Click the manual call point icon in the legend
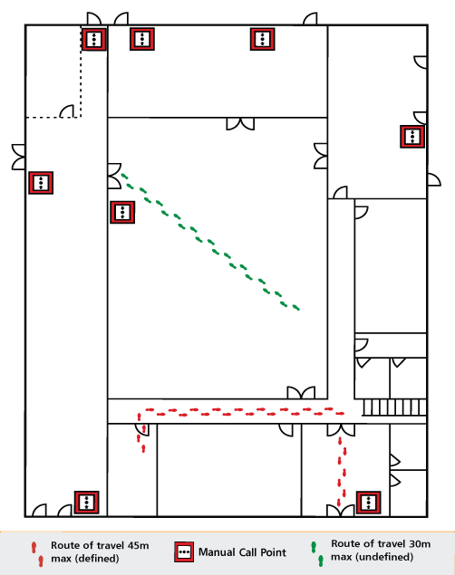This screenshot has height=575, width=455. (x=184, y=551)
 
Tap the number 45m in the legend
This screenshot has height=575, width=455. (x=139, y=546)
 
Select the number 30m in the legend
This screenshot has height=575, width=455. (x=420, y=544)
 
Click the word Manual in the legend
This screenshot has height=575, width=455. (x=217, y=552)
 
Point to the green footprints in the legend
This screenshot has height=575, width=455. (x=317, y=553)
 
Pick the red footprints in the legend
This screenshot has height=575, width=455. (x=37, y=554)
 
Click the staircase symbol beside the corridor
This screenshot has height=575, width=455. (x=394, y=407)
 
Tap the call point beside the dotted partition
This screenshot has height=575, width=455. (x=94, y=39)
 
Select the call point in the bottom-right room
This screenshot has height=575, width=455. (x=368, y=503)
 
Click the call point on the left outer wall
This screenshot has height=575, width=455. (x=41, y=183)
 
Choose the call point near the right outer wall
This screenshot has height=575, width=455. (x=412, y=137)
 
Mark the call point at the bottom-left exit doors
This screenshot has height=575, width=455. (x=87, y=503)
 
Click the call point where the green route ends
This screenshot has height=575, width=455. (x=122, y=212)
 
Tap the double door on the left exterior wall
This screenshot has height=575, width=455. (x=18, y=157)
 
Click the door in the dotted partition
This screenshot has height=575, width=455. (x=67, y=111)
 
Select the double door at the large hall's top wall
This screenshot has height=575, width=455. (x=240, y=124)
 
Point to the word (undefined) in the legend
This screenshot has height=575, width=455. (x=373, y=557)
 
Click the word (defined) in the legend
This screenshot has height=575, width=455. (x=85, y=559)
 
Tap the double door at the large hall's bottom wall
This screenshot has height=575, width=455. (x=301, y=393)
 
